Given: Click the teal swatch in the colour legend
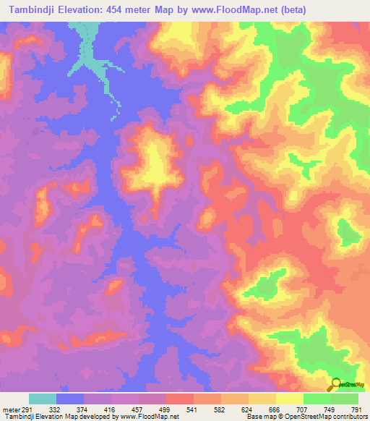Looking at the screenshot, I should [43, 399].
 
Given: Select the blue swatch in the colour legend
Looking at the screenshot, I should [70, 399].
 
